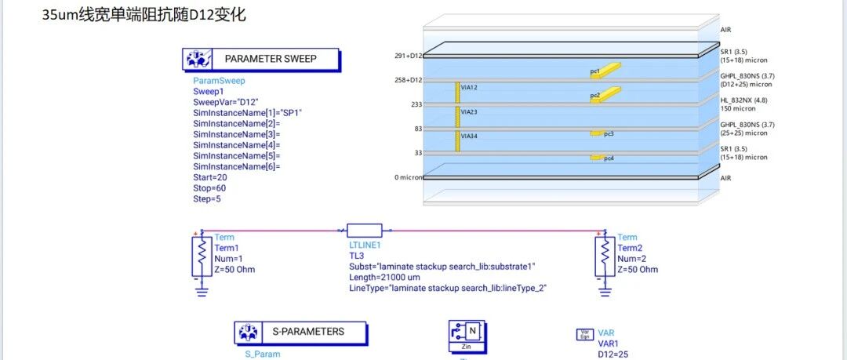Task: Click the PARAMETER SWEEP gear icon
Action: [196, 60]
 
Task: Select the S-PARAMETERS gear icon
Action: [248, 333]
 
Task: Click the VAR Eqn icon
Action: [584, 334]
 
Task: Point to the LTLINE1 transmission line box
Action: [365, 231]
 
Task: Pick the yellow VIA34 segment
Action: [456, 140]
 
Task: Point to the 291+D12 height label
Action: [409, 56]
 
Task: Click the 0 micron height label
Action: [408, 178]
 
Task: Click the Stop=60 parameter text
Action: [210, 188]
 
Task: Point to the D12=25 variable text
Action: [613, 354]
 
